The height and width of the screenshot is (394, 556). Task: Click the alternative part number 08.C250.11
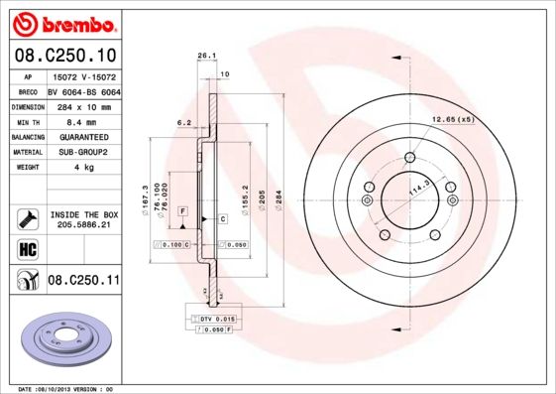click(x=83, y=281)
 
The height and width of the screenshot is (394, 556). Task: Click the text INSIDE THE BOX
click(x=84, y=214)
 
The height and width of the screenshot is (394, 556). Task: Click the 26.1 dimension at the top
click(x=206, y=57)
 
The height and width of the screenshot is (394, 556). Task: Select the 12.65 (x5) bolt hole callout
click(x=452, y=120)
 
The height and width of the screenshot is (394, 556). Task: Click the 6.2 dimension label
click(x=182, y=122)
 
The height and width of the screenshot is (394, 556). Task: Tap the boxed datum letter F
click(x=183, y=211)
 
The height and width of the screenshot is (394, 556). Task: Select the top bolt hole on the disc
click(x=409, y=156)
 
